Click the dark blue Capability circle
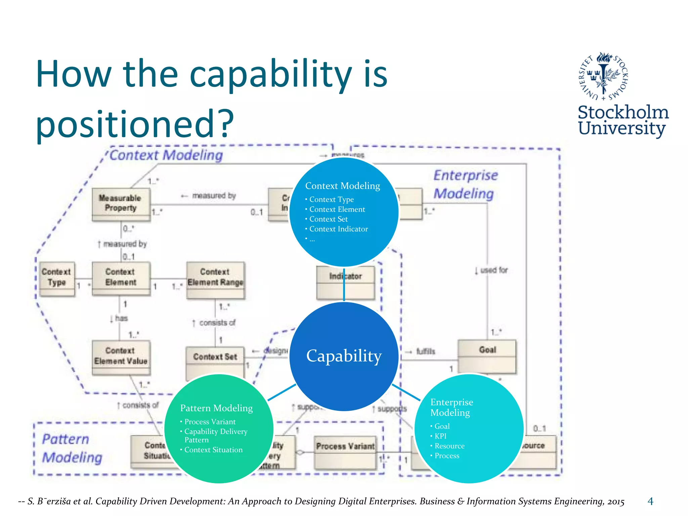(x=344, y=356)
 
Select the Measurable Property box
(x=121, y=204)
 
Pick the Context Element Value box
(x=121, y=357)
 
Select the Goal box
(x=487, y=356)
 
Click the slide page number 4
(x=650, y=501)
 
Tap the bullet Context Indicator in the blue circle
(x=338, y=229)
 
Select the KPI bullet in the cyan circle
(x=440, y=436)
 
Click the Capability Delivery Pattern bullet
(x=215, y=435)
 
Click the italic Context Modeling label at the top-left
(x=166, y=155)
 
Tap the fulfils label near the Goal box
(x=425, y=351)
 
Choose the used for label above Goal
(x=493, y=270)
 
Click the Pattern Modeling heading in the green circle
(x=216, y=408)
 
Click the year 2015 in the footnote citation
(x=615, y=502)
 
